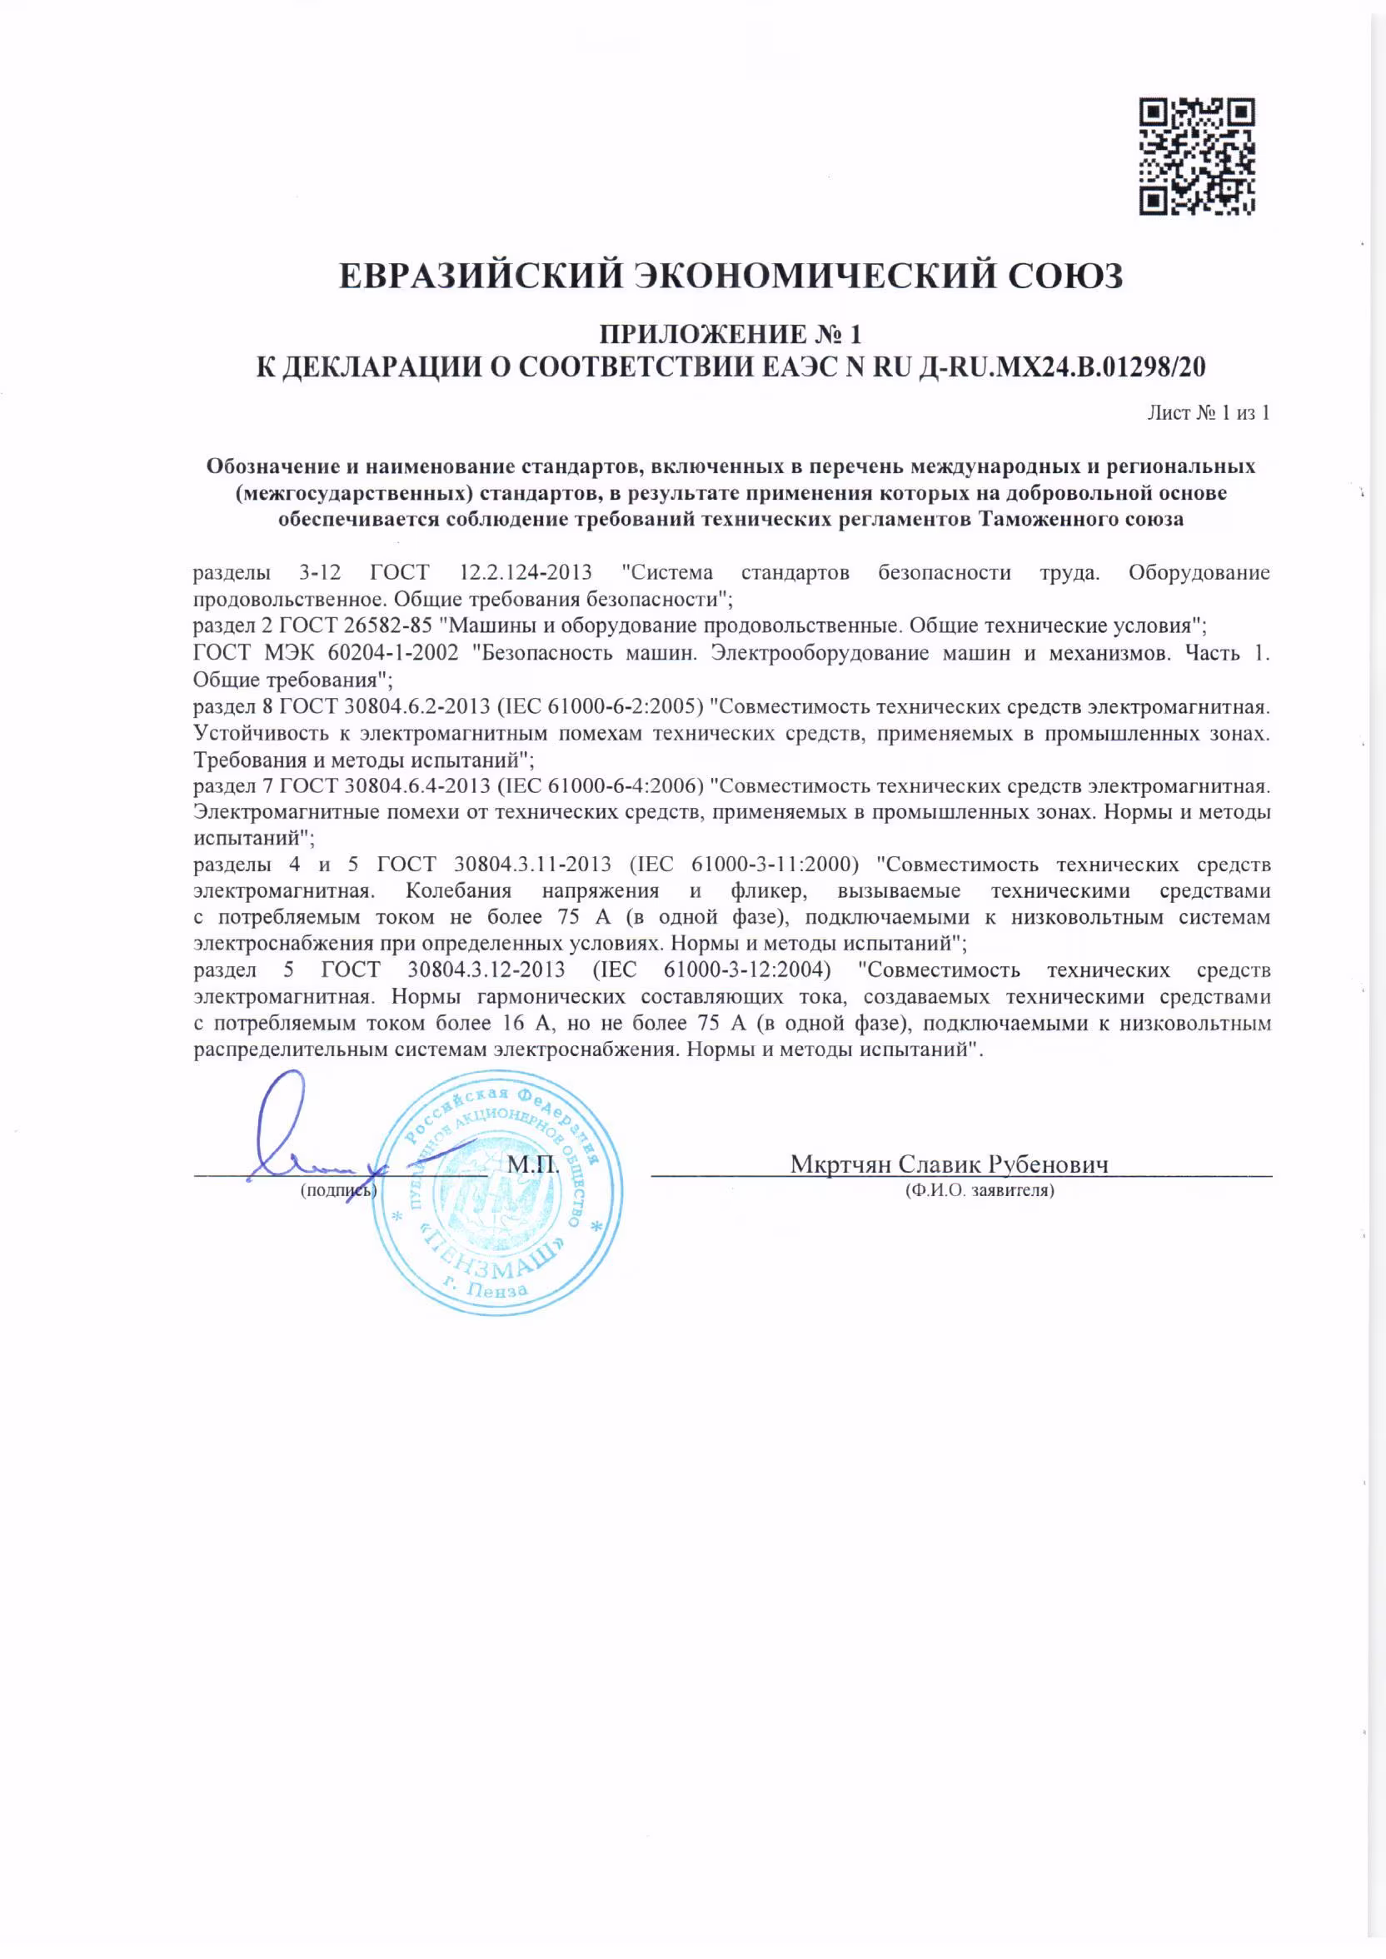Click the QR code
[x=1197, y=156]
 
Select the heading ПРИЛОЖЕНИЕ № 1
[x=730, y=334]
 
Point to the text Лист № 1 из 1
[x=1208, y=413]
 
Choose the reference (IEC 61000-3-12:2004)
[x=711, y=970]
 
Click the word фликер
[x=765, y=890]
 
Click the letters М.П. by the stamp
[x=533, y=1164]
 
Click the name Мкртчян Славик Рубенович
[x=949, y=1164]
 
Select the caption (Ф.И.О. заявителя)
[x=979, y=1190]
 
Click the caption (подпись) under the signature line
[x=338, y=1190]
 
